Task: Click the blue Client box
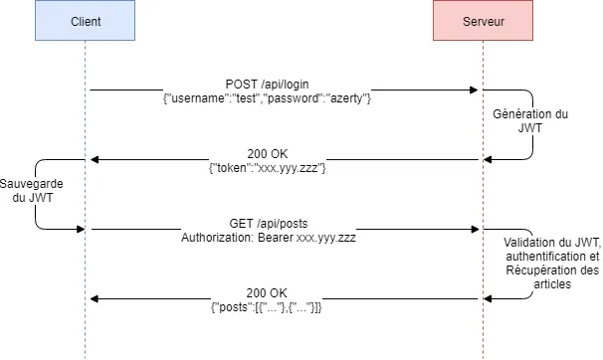point(85,22)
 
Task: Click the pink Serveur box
point(483,22)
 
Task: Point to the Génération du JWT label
point(530,121)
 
